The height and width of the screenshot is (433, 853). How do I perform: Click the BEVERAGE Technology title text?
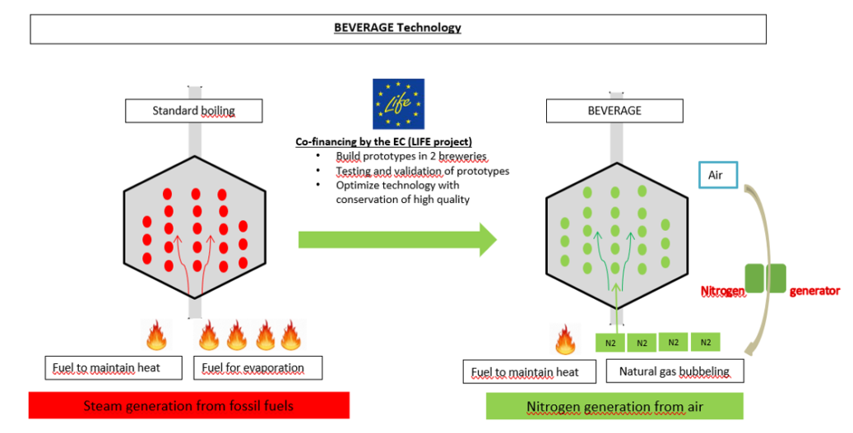coord(397,27)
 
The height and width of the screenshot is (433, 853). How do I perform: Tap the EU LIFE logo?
coord(398,104)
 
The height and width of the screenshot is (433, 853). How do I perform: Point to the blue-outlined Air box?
coord(717,175)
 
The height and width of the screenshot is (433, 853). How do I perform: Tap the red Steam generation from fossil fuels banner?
coord(188,406)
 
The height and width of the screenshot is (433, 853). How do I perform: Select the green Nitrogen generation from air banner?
coord(614,406)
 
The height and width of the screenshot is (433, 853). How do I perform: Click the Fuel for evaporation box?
coord(257,367)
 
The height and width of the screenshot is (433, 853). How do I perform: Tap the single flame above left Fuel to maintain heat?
coord(155,335)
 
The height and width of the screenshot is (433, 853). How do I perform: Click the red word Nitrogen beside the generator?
coord(721,291)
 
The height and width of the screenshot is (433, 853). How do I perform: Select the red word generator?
coord(814,291)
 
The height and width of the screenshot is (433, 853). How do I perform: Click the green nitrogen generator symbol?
coord(765,278)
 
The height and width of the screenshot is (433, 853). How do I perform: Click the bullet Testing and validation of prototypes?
coord(422,171)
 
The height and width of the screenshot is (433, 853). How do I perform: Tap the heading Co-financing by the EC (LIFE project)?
coord(384,141)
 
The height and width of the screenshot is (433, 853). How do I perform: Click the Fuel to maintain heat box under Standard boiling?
coord(113,367)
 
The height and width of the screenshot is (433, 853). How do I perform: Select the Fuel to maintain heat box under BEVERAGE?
coord(525,371)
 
